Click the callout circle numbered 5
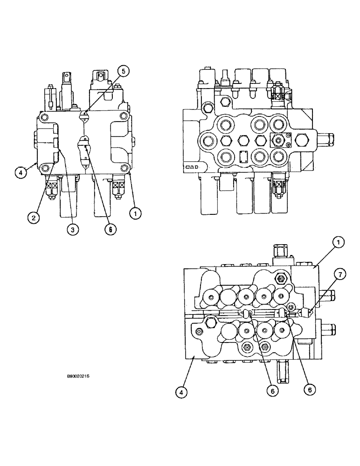point(124,71)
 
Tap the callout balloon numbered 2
point(33,217)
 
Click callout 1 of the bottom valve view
point(339,242)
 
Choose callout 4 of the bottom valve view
point(182,393)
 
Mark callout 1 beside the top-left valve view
point(135,214)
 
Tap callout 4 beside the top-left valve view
point(20,172)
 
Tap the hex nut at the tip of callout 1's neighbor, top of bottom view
point(281,279)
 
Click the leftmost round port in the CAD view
point(207,139)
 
